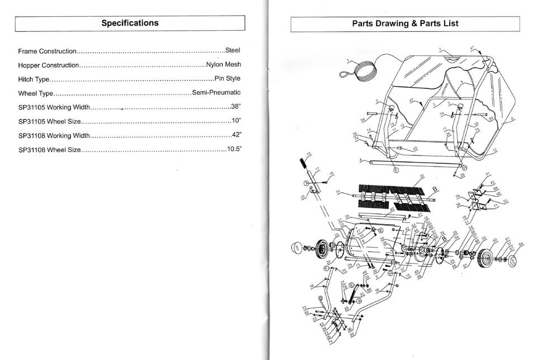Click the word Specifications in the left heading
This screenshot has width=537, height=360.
pyautogui.click(x=130, y=23)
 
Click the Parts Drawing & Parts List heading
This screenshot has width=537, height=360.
pyautogui.click(x=405, y=23)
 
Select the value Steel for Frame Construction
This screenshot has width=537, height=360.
pyautogui.click(x=232, y=50)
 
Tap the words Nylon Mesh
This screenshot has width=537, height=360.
pyautogui.click(x=223, y=64)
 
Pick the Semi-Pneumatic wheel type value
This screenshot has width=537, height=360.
pyautogui.click(x=216, y=92)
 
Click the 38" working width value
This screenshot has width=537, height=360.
pyautogui.click(x=235, y=106)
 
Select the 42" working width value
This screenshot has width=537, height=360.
pyautogui.click(x=236, y=135)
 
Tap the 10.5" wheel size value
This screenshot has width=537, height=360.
pyautogui.click(x=234, y=149)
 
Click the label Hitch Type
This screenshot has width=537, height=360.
pyautogui.click(x=34, y=79)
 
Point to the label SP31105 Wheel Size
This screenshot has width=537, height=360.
pyautogui.click(x=50, y=121)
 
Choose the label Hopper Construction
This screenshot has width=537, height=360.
pyautogui.click(x=48, y=65)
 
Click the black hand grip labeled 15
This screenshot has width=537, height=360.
pyautogui.click(x=304, y=166)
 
